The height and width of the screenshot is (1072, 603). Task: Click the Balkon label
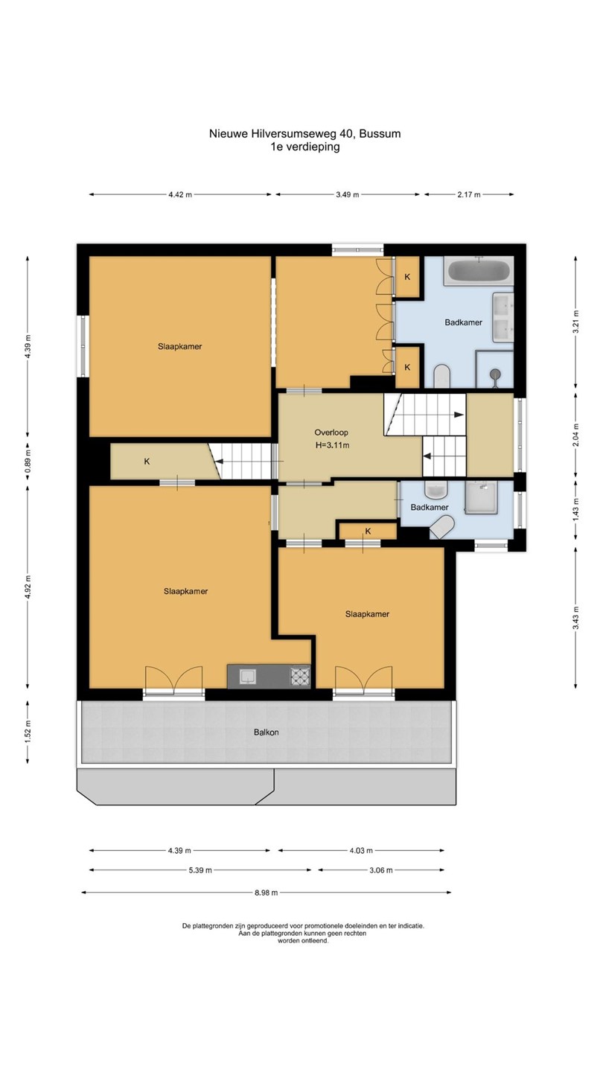(x=266, y=733)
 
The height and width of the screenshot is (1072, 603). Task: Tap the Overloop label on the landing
(x=331, y=433)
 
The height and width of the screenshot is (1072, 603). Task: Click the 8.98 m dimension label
(x=266, y=893)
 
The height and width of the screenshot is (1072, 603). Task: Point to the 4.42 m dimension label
(x=180, y=195)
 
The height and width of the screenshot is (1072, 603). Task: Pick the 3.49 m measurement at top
(x=348, y=195)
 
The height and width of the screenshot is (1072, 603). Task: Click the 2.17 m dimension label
(x=469, y=195)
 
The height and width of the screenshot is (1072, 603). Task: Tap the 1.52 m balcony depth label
(x=28, y=733)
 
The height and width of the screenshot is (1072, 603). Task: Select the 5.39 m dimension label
(x=200, y=870)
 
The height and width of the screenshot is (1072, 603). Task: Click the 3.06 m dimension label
(x=381, y=870)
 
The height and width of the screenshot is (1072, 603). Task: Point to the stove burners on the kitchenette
(x=300, y=677)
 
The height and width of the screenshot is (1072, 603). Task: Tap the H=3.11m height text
(x=332, y=445)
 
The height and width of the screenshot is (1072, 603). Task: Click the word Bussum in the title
(x=380, y=133)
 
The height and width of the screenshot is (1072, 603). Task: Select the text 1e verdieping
(x=305, y=147)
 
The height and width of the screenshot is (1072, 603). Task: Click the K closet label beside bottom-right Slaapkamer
(x=368, y=532)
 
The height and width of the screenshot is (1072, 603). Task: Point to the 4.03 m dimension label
(x=361, y=850)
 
